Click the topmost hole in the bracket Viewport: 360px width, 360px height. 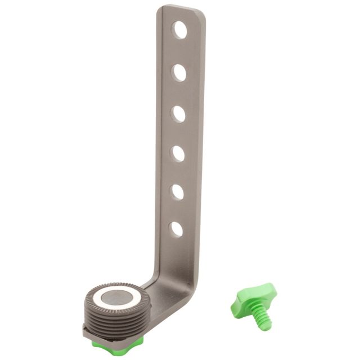(x=180, y=30)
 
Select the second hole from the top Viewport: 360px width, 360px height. (x=179, y=73)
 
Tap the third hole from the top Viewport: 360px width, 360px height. (x=178, y=114)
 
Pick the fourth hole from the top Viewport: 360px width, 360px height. (x=178, y=153)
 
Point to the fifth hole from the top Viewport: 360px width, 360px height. (x=177, y=192)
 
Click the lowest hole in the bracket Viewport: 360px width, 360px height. (x=176, y=229)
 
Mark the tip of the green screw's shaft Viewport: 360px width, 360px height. (x=265, y=327)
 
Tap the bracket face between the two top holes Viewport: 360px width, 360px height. (x=180, y=51)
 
